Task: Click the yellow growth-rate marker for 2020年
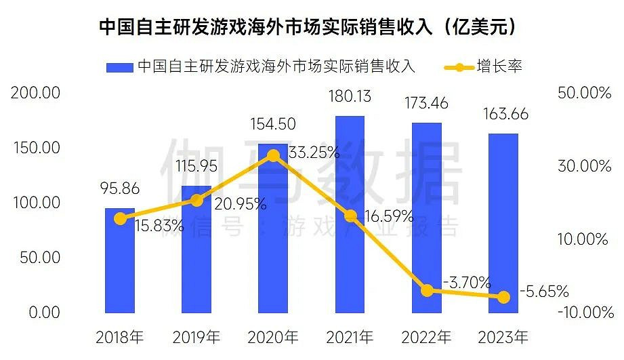click(x=273, y=156)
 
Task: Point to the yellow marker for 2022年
click(x=427, y=290)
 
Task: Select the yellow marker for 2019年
click(x=196, y=200)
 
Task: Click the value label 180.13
click(x=349, y=97)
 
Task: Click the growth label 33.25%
click(x=314, y=153)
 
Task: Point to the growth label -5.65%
click(x=543, y=292)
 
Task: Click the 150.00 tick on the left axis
click(x=36, y=148)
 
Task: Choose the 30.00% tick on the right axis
click(x=584, y=166)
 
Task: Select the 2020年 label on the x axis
click(x=273, y=336)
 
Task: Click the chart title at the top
click(x=311, y=27)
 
